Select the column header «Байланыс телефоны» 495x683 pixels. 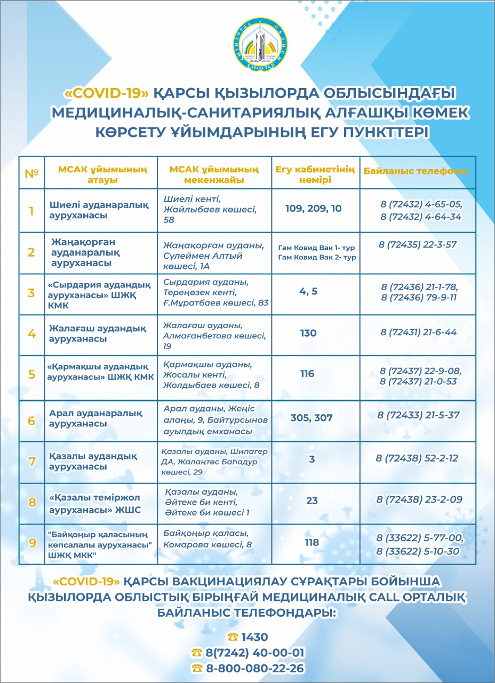click(x=416, y=171)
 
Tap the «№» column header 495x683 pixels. click(x=32, y=173)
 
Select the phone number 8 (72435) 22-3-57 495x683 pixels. click(x=418, y=244)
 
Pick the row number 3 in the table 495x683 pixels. click(x=31, y=293)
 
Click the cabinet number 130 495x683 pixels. click(x=308, y=333)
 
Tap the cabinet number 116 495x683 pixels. click(x=307, y=374)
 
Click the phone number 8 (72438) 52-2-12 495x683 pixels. click(x=417, y=458)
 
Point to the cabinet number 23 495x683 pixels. click(x=312, y=501)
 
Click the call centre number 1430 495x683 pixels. click(x=254, y=637)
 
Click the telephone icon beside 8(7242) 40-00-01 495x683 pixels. click(x=197, y=653)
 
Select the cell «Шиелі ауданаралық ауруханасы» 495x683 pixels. click(x=99, y=210)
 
